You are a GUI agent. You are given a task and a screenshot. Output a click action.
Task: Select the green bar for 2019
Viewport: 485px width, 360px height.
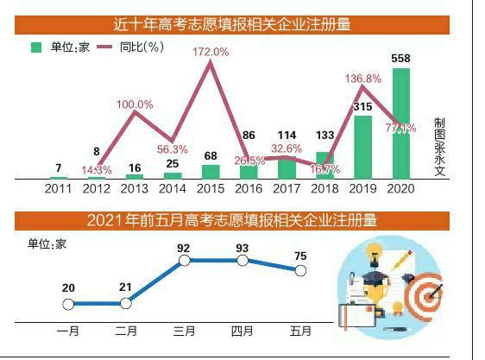pyautogui.click(x=363, y=147)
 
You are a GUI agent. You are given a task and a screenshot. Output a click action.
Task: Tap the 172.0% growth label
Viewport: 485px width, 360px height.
pyautogui.click(x=211, y=53)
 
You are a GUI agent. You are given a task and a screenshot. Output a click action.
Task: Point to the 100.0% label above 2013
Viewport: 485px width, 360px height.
pyautogui.click(x=135, y=104)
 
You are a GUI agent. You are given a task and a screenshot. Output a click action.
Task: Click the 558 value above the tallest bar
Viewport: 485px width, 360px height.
pyautogui.click(x=401, y=59)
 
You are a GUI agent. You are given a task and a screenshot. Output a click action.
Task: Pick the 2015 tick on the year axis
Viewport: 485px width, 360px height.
pyautogui.click(x=211, y=188)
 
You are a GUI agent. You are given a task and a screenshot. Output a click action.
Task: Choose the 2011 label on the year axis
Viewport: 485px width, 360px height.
pyautogui.click(x=58, y=188)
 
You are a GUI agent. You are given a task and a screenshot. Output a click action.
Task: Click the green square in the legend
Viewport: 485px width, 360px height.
pyautogui.click(x=36, y=47)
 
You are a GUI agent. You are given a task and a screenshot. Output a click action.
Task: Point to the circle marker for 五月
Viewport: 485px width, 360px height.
pyautogui.click(x=300, y=270)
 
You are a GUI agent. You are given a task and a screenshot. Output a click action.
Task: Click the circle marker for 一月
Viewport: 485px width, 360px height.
pyautogui.click(x=68, y=303)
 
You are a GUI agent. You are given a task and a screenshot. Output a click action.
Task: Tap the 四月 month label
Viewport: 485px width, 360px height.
pyautogui.click(x=243, y=332)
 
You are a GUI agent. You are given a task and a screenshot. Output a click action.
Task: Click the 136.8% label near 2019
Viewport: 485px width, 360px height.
pyautogui.click(x=363, y=79)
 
